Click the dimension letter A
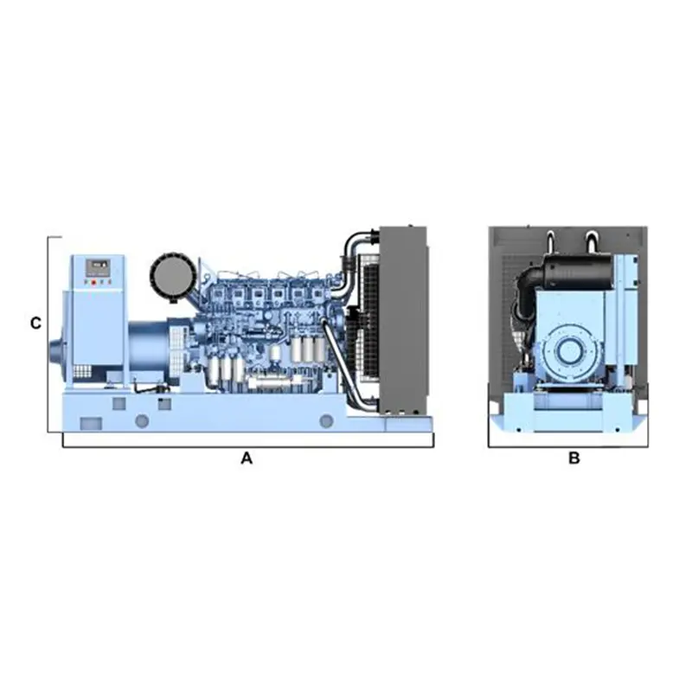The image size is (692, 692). coord(247,459)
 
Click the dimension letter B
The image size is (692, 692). coord(573,459)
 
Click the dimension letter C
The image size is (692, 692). coord(35,324)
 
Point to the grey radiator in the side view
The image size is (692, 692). coord(403,320)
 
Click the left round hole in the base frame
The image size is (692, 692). coord(142,420)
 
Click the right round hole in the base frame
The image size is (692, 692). coord(326,420)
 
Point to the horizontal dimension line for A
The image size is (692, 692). coord(247,447)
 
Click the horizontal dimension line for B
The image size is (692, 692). coord(567,447)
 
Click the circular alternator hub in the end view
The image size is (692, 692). coord(571,350)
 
